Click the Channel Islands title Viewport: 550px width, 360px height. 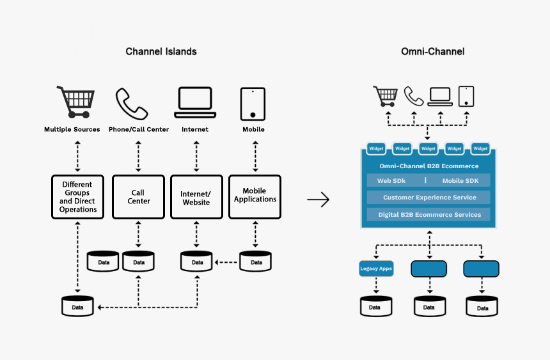[161, 51]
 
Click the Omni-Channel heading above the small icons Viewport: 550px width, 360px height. [432, 51]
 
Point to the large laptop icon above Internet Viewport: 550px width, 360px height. [195, 102]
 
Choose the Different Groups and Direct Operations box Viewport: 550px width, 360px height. [77, 197]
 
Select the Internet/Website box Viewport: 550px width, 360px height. [195, 198]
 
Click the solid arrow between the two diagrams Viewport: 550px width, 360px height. [318, 200]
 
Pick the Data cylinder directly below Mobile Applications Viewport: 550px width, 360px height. [255, 262]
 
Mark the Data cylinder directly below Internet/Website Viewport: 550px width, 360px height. [196, 262]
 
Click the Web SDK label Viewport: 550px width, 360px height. [392, 181]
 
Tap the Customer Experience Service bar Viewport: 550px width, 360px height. [428, 198]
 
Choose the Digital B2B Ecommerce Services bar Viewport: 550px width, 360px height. [428, 215]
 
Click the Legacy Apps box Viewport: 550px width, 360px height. [376, 269]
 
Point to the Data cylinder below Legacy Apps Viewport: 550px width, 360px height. [376, 306]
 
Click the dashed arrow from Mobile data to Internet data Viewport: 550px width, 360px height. [226, 262]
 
